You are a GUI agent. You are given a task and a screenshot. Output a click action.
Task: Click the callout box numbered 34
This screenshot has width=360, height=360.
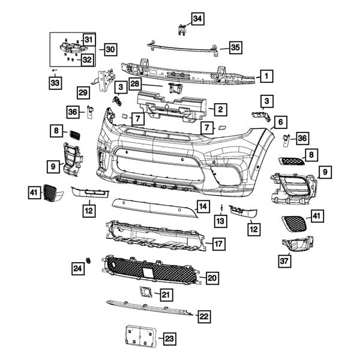click(197, 19)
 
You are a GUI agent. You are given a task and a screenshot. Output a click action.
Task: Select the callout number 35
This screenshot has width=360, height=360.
click(235, 46)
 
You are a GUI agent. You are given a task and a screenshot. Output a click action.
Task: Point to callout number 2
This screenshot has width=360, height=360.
click(220, 109)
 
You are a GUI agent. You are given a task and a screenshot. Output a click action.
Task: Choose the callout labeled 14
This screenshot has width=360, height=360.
click(203, 206)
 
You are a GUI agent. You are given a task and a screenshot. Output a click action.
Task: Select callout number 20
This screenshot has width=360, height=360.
click(211, 278)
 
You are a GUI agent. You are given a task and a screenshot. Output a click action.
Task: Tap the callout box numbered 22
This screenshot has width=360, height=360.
click(204, 316)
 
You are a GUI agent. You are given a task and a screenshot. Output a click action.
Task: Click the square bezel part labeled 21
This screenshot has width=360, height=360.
click(145, 292)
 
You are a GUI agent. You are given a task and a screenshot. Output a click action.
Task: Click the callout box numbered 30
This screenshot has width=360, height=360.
click(109, 49)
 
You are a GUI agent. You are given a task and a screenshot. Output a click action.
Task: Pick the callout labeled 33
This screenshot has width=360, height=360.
click(55, 82)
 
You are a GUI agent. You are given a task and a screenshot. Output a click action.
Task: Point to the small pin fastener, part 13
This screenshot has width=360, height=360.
click(221, 208)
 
